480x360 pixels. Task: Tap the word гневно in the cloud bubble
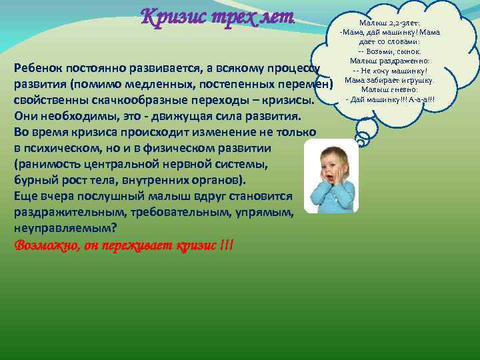(x=407, y=90)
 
